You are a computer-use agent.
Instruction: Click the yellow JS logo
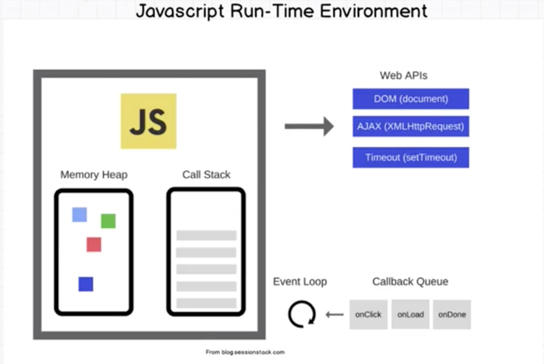point(148,121)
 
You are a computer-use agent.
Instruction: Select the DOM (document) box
point(411,99)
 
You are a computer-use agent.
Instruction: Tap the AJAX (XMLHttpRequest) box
point(411,127)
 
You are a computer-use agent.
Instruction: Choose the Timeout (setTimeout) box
point(411,157)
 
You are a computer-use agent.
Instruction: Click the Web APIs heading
point(403,76)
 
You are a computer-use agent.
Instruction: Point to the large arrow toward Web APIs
point(309,126)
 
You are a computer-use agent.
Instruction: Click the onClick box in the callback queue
point(368,314)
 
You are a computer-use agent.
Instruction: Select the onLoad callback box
point(410,314)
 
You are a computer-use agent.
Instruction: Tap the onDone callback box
point(452,314)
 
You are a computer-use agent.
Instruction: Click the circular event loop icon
point(301,314)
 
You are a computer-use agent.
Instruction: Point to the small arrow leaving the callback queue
point(334,314)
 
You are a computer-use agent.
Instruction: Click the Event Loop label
point(300,281)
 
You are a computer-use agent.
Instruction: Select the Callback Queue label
point(410,281)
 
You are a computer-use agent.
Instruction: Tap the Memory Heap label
point(94,175)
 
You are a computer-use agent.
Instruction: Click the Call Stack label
point(206,175)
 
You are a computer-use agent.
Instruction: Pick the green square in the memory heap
point(108,221)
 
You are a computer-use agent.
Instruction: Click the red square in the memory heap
point(94,244)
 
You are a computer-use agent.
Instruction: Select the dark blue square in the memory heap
point(86,284)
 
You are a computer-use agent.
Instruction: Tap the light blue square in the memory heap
point(79,215)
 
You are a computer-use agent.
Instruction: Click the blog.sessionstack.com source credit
point(245,352)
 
